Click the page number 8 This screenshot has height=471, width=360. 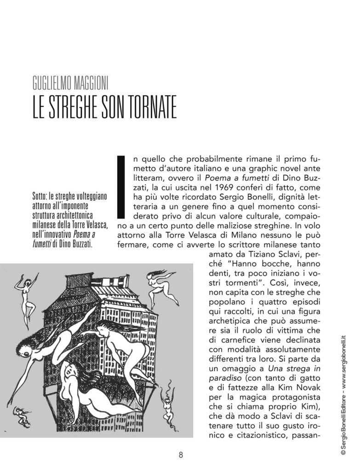pos(181,455)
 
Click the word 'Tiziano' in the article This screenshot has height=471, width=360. pos(244,254)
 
